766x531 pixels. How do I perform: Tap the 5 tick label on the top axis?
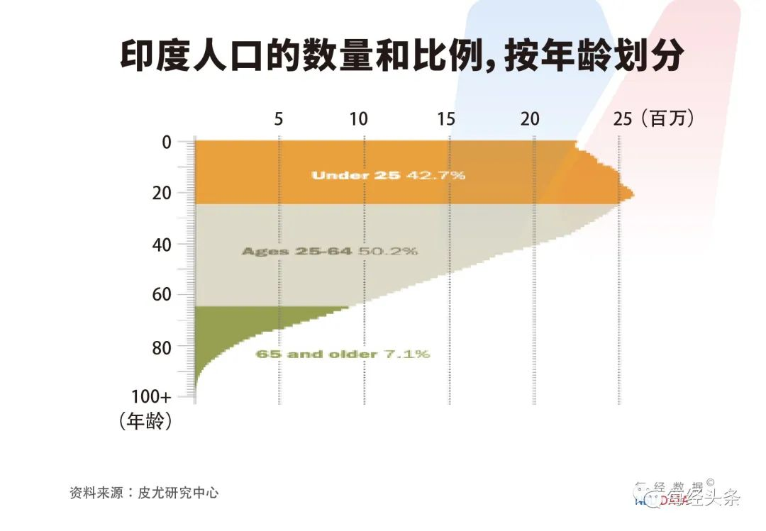tap(279, 119)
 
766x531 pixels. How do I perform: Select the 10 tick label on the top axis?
tap(360, 119)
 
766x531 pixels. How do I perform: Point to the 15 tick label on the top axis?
tap(446, 119)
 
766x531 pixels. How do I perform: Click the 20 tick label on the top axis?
tap(530, 119)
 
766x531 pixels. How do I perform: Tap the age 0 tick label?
tap(166, 142)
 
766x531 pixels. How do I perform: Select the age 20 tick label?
tap(162, 193)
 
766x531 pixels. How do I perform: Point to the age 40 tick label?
tap(162, 244)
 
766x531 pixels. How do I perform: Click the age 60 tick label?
tap(162, 295)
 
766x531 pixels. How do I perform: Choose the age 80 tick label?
tap(162, 347)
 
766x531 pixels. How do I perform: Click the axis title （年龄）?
tap(146, 422)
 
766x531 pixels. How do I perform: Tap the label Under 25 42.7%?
tap(388, 175)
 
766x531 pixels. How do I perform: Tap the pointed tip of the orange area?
tap(632, 195)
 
